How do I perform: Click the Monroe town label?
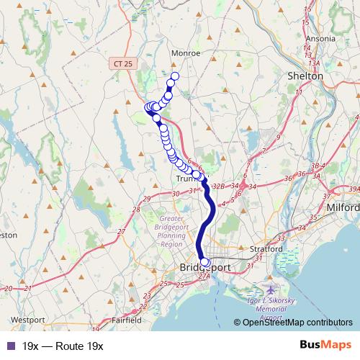[x=185, y=53]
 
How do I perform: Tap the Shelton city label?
[x=305, y=76]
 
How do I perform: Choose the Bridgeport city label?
[x=204, y=268]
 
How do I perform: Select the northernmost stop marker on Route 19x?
[x=174, y=76]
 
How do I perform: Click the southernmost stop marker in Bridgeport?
[x=205, y=263]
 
